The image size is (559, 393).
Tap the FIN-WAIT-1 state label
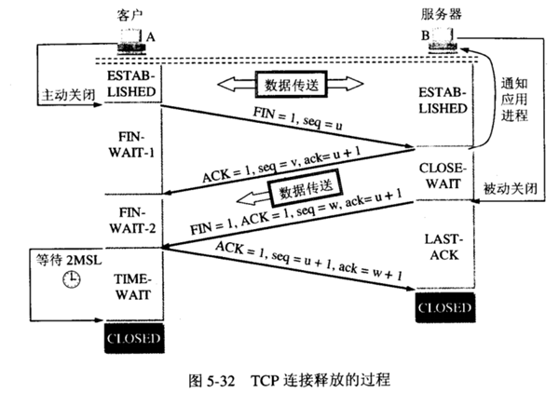pos(131,147)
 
